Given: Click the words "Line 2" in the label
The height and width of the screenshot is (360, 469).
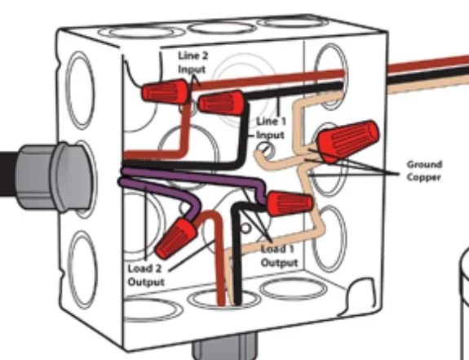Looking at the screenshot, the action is point(193,56).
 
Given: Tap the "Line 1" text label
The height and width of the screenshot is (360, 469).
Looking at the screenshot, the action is point(272,122).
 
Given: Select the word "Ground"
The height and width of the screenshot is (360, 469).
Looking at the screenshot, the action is point(424,164).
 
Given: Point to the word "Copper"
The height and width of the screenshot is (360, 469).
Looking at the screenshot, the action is point(423,177).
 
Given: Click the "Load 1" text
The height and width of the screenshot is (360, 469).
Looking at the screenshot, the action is point(277,249).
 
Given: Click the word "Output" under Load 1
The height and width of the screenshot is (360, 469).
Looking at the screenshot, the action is point(280,263).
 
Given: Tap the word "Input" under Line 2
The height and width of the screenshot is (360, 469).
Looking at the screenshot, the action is point(192,69).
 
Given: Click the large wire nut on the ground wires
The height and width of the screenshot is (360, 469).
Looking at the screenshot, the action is point(347,140).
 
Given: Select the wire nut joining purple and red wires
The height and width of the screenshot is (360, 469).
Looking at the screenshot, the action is point(176,238).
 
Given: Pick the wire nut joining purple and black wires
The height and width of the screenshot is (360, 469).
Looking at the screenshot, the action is point(290,203).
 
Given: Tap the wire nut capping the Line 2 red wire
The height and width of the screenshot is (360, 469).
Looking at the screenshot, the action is point(165,91).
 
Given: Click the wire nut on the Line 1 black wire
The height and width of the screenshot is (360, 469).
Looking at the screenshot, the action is point(221,103).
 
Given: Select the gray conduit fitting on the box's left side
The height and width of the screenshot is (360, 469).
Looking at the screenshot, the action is point(54,177).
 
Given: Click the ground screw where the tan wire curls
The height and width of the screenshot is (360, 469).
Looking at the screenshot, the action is point(265,149).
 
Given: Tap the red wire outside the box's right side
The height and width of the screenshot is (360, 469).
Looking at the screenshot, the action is point(428,65).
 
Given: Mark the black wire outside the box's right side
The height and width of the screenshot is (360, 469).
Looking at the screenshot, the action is point(428,75).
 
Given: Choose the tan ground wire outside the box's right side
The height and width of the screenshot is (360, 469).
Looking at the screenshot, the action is point(428,85).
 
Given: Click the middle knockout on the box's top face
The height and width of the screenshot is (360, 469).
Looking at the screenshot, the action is point(222,28).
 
